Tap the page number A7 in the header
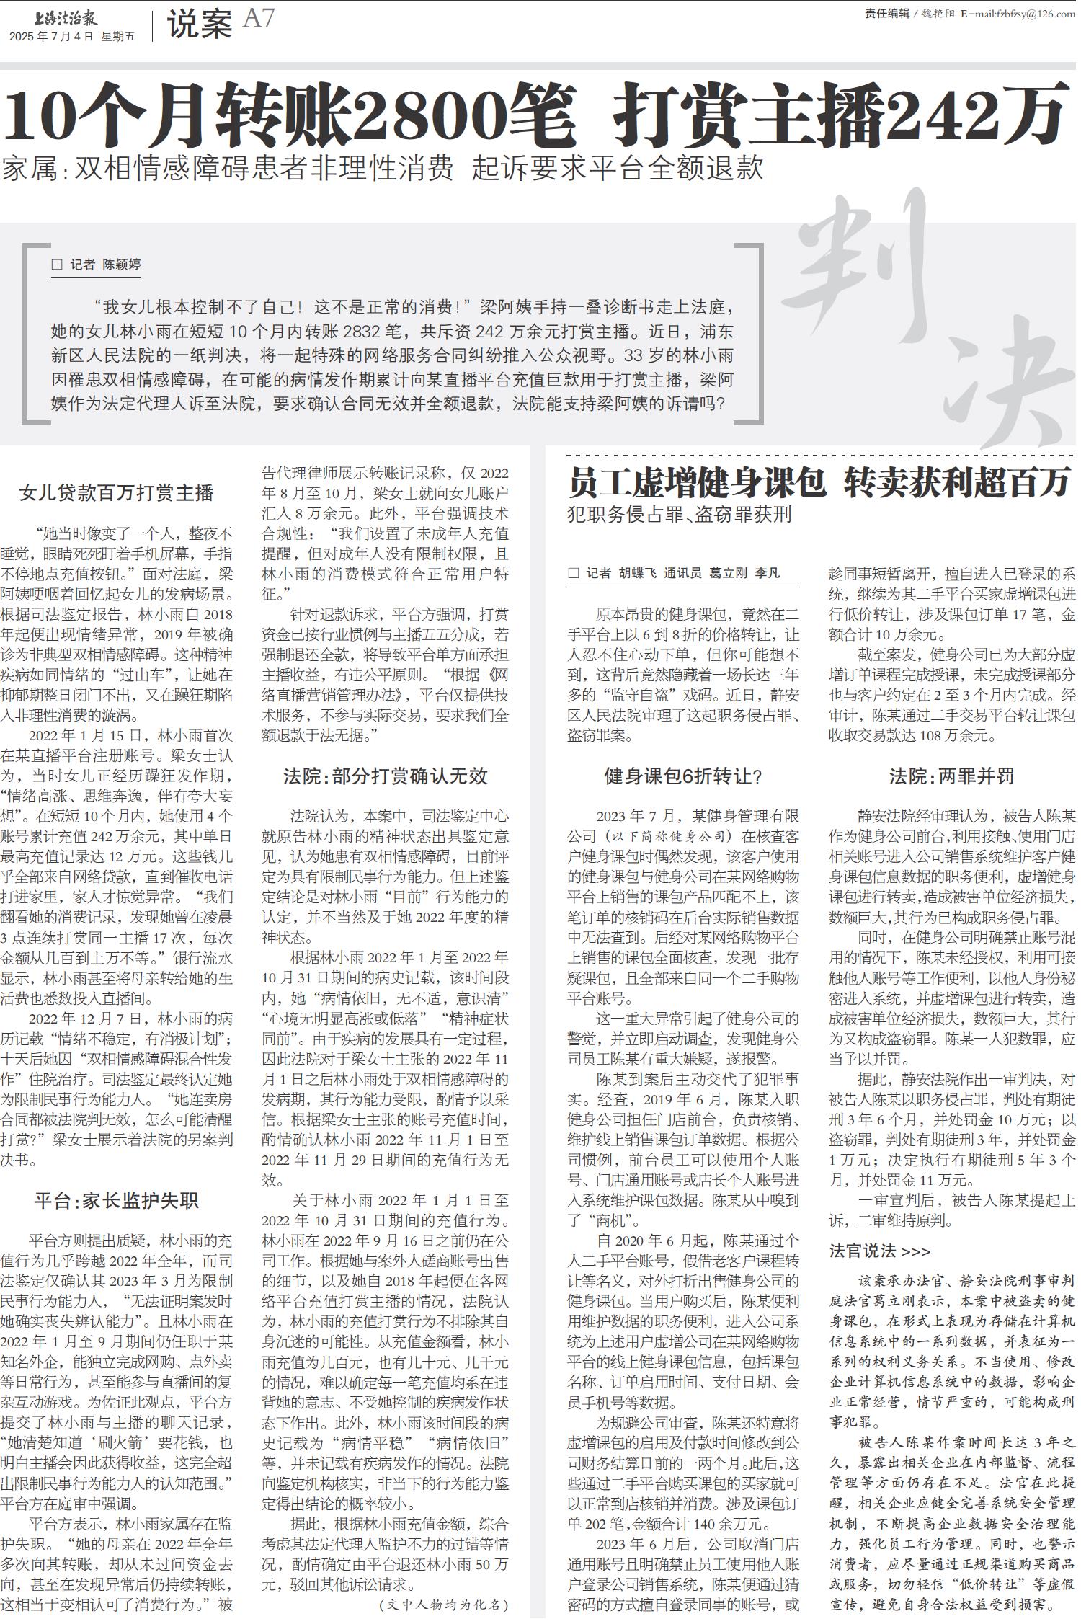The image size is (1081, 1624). pos(259,19)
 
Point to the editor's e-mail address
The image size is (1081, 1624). pos(1017,14)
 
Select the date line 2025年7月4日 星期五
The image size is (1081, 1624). pos(72,37)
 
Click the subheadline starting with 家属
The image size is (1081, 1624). pos(382,168)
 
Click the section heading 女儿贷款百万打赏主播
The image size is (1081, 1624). pos(117,493)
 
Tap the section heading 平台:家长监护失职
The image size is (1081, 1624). pos(116,1201)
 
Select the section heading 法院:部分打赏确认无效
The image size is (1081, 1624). pos(385,776)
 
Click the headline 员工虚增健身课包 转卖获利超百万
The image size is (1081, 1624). pos(818,483)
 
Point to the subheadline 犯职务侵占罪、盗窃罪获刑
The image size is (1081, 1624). pos(679,515)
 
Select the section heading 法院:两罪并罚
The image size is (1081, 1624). pos(951,776)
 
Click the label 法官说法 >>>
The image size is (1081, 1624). pos(879,1251)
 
